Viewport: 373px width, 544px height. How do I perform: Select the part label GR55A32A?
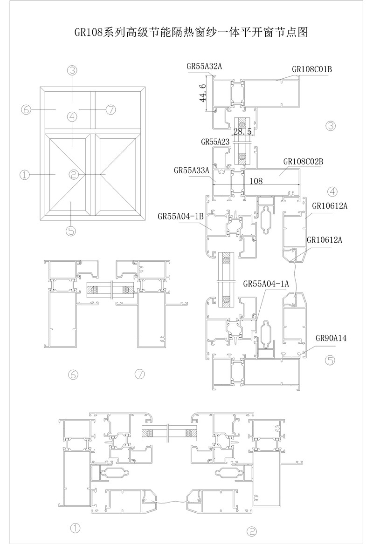tap(204, 67)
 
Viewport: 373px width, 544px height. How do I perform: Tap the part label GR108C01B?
tap(312, 69)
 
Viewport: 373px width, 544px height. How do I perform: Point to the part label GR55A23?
tap(215, 141)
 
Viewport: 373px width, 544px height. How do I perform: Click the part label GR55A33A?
tap(192, 170)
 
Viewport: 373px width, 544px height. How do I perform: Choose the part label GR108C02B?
tap(303, 162)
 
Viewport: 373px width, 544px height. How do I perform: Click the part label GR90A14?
tap(331, 339)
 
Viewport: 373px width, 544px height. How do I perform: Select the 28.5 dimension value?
tap(242, 132)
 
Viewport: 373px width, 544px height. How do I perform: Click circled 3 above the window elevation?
tap(71, 70)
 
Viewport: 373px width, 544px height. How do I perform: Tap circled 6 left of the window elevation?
tap(26, 109)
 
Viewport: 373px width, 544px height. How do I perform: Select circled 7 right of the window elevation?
tap(111, 109)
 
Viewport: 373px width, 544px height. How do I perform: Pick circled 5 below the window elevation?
tap(71, 231)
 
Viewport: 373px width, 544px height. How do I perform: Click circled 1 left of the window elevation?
tap(25, 175)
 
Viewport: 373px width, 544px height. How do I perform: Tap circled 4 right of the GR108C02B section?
tap(332, 191)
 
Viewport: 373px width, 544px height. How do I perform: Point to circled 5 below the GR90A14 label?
tap(330, 360)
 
